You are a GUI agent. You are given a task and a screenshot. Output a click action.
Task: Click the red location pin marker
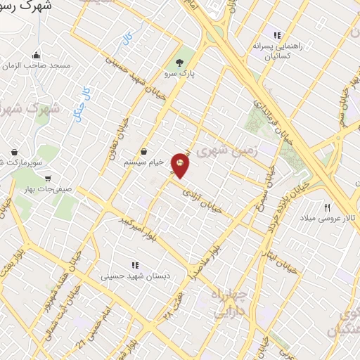point(181,165)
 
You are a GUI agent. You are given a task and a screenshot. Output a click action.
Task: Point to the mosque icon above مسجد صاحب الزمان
point(35,55)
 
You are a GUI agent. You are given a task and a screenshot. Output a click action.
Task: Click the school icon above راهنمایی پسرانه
point(277,34)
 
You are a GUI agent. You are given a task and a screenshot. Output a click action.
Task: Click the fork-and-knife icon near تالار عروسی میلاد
point(326,207)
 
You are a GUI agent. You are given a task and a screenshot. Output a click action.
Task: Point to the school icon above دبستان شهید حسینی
point(134,266)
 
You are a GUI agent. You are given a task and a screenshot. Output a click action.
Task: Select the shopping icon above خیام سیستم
point(144,150)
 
